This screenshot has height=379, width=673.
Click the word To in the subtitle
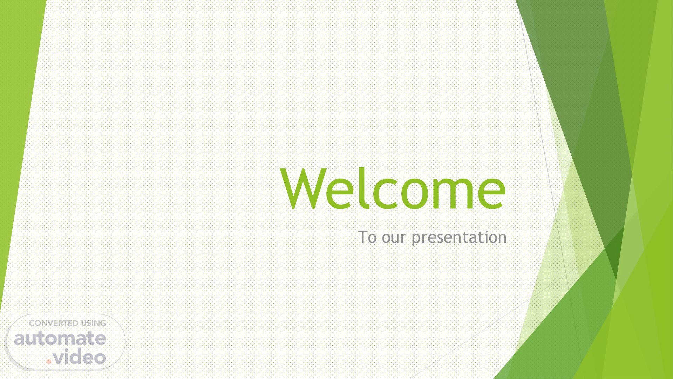[367, 237]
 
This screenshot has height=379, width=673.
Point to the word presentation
[459, 238]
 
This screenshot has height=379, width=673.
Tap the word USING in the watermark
[93, 323]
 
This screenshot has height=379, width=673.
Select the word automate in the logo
[60, 338]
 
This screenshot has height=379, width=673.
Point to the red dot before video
[49, 361]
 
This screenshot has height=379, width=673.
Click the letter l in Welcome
[365, 188]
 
